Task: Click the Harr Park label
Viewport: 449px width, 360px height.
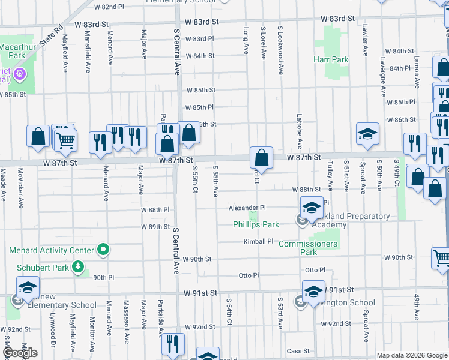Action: tap(331, 60)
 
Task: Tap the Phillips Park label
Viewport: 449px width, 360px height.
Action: tap(256, 225)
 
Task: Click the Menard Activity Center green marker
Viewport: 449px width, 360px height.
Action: tap(104, 250)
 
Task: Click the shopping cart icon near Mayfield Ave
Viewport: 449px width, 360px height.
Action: tap(65, 140)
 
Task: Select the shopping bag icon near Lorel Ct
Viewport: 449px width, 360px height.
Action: tap(261, 158)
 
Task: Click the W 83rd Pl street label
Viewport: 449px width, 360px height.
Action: tap(199, 39)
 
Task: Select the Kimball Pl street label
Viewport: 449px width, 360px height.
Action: tap(258, 242)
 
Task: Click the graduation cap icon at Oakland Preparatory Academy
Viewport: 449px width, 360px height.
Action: tap(311, 207)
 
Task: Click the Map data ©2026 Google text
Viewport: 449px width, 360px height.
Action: tap(412, 355)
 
